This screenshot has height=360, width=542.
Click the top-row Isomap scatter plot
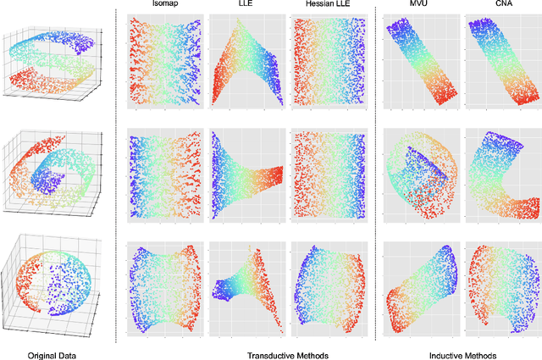165,63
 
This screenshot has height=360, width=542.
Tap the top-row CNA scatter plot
502,63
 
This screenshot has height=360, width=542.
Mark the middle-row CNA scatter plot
502,175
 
